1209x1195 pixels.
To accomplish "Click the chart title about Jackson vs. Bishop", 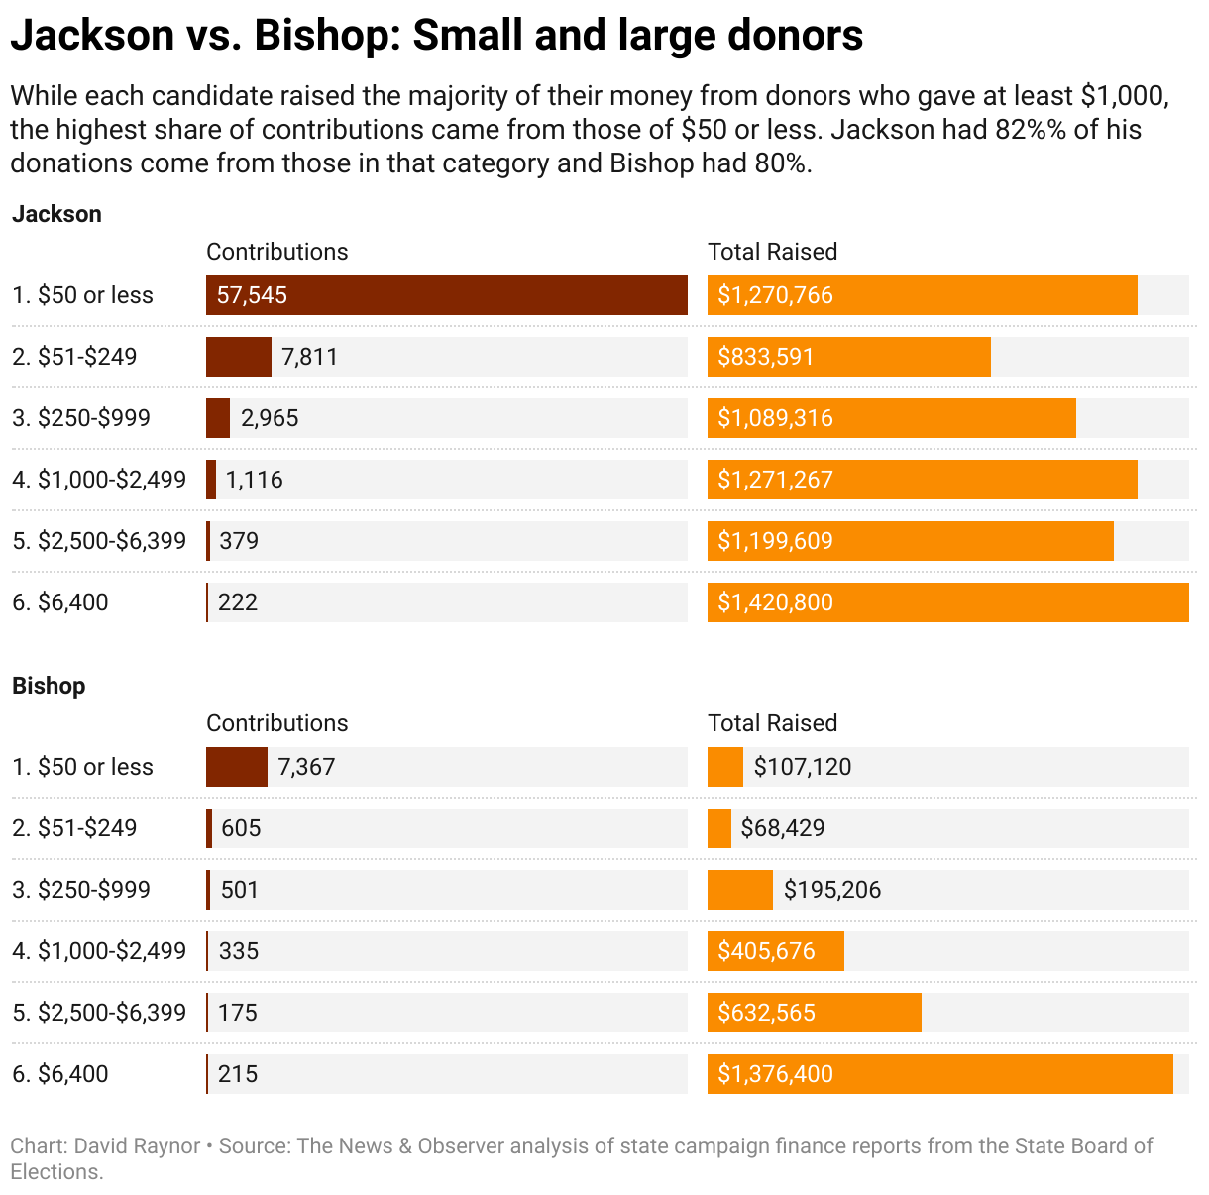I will point(436,36).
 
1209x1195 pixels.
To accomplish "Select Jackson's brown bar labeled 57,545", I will point(446,295).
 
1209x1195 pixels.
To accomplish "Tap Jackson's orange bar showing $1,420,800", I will point(947,602).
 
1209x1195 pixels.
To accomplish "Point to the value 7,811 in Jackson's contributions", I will point(309,357).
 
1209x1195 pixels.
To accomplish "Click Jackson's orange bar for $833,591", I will point(848,357).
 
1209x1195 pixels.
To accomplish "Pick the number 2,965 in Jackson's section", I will point(270,418).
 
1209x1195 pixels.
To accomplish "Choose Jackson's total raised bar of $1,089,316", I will point(891,418).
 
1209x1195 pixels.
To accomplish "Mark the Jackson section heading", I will point(56,214).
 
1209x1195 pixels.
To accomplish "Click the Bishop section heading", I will point(49,686).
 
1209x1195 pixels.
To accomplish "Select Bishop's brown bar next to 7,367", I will point(236,767).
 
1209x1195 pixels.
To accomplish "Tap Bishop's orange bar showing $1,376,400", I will point(939,1074).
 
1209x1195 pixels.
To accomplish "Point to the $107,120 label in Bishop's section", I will point(803,767).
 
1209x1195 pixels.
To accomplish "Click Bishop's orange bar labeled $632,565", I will point(814,1013).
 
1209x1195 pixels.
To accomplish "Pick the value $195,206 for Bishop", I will point(832,890).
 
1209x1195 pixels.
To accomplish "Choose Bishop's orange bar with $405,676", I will point(775,951).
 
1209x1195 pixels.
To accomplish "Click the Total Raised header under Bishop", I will point(772,723).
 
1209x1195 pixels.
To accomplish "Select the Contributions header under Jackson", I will point(276,252).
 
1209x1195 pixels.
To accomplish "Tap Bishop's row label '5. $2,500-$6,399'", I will point(99,1013).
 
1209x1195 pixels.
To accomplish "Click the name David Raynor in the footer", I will point(138,1146).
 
